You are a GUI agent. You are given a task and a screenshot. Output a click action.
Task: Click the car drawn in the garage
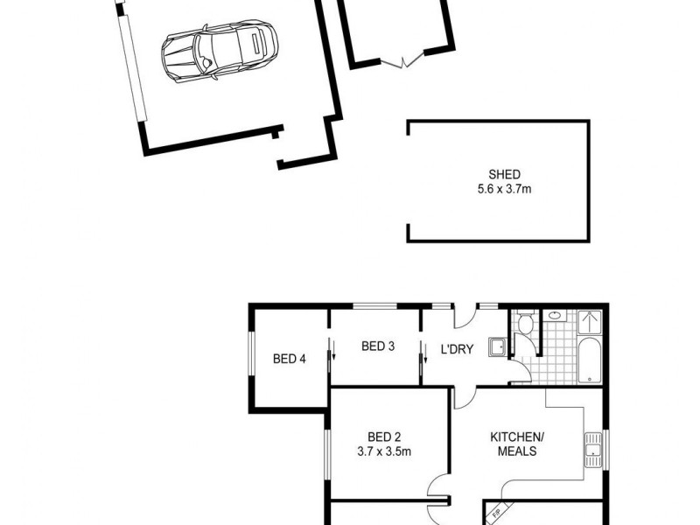click(x=220, y=52)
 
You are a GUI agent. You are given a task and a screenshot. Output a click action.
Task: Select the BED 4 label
click(x=289, y=358)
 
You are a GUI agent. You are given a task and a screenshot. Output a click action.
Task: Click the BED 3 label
click(x=378, y=346)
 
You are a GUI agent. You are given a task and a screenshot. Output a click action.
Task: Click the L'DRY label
click(x=456, y=349)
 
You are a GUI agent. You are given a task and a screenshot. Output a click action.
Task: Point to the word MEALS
click(x=517, y=451)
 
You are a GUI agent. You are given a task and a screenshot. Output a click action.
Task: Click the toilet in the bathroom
click(x=525, y=325)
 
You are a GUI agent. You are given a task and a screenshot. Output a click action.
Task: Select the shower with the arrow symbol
click(x=591, y=323)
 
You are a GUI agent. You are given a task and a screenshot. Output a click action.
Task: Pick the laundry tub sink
click(x=497, y=347)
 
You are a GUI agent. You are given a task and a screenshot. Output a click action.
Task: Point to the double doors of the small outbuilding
click(x=403, y=62)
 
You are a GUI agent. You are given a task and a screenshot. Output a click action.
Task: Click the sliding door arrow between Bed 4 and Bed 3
click(x=332, y=353)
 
